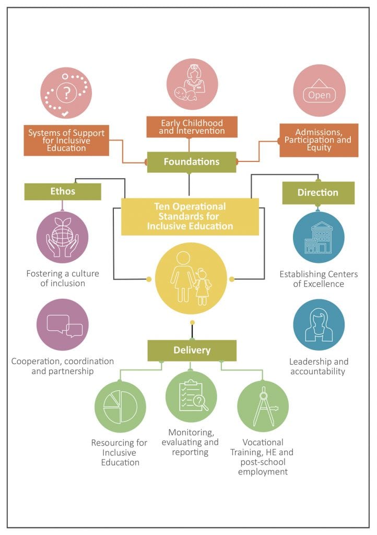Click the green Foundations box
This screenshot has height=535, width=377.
click(192, 162)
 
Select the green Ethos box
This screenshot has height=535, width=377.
click(63, 191)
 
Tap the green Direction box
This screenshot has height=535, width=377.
click(319, 193)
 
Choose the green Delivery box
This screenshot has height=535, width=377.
click(192, 351)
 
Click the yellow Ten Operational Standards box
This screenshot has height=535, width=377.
click(190, 216)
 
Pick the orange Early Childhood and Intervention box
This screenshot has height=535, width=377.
click(192, 127)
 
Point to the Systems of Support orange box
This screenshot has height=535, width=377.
click(66, 140)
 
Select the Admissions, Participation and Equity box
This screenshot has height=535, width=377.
click(319, 140)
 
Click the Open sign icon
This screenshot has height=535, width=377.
click(320, 91)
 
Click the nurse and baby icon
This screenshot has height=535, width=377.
click(192, 84)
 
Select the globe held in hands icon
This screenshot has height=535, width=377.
click(62, 237)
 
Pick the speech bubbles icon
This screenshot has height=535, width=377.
click(65, 326)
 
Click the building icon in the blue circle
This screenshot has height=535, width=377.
click(319, 237)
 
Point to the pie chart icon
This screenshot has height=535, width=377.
click(120, 407)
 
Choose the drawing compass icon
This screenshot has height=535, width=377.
click(265, 406)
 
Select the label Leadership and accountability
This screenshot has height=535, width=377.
click(319, 366)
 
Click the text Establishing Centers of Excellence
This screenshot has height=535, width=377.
click(319, 279)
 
